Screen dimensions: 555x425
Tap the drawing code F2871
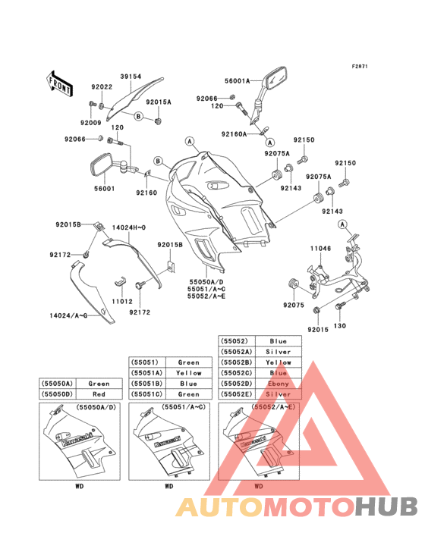pos(359,66)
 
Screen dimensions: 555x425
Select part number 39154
pos(131,77)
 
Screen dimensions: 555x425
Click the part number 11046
pos(319,247)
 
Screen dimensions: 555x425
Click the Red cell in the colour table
pos(99,394)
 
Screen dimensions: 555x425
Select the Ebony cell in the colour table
pos(279,384)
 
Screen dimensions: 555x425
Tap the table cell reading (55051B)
pos(145,384)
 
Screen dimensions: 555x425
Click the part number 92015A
pos(159,102)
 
